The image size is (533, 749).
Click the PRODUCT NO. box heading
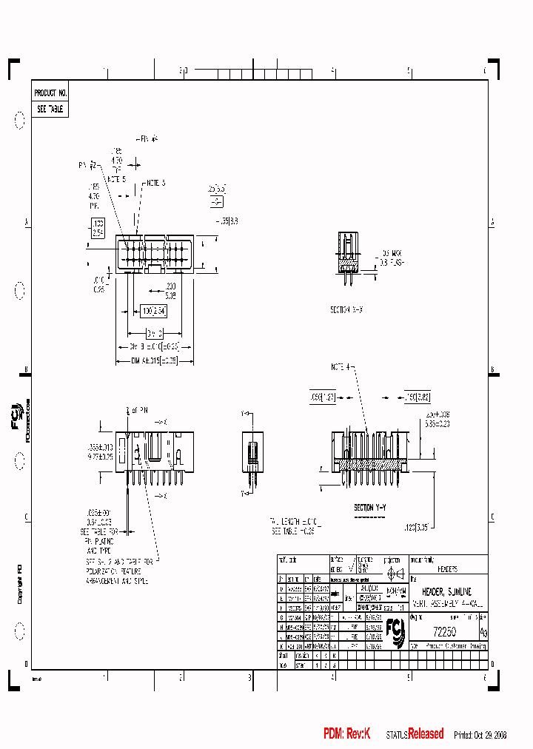(x=50, y=93)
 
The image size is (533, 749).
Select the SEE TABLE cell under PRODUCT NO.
(x=50, y=109)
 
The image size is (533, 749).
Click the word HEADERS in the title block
(x=447, y=570)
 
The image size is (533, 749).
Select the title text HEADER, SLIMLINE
(x=446, y=593)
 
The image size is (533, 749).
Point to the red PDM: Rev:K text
(x=346, y=733)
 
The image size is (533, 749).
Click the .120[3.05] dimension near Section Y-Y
(x=417, y=528)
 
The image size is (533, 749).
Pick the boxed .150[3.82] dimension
(x=418, y=397)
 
